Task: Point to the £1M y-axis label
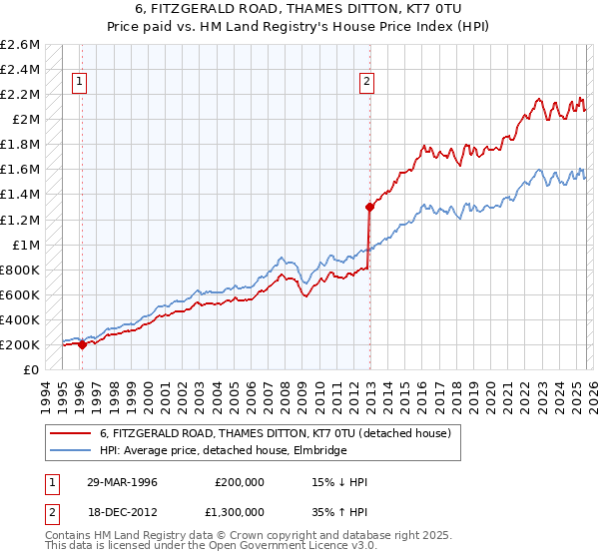click(x=24, y=245)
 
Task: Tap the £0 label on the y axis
click(x=32, y=369)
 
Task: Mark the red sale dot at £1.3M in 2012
click(x=369, y=207)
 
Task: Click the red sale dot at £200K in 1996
click(x=82, y=344)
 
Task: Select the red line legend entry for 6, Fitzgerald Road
click(x=276, y=433)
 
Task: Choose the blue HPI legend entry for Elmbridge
click(x=223, y=451)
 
